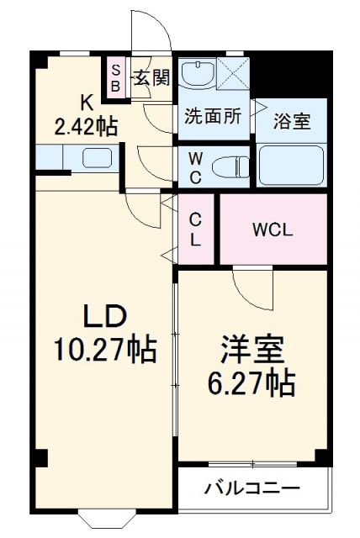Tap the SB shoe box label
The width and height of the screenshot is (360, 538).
(116, 77)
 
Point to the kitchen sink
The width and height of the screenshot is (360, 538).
(98, 158)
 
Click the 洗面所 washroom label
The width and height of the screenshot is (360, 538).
(213, 118)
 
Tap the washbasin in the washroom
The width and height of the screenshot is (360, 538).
(199, 74)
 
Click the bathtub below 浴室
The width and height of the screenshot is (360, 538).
(292, 165)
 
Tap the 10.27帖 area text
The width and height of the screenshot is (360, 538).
(104, 350)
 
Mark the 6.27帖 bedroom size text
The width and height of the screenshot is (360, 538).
(251, 384)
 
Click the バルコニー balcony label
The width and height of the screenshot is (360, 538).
(251, 488)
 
